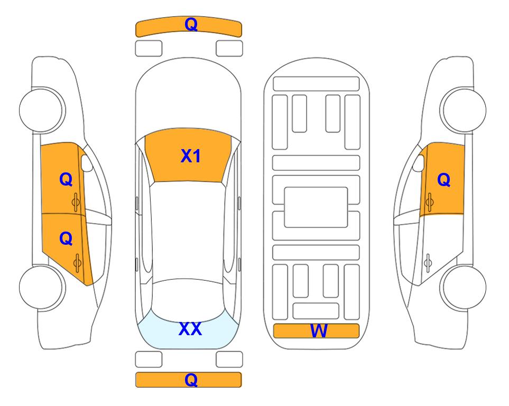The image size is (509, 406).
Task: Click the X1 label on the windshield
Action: tap(191, 156)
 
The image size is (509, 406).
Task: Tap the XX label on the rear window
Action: tap(190, 329)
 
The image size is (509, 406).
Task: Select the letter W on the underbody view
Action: tap(318, 331)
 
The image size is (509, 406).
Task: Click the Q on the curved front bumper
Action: tap(191, 24)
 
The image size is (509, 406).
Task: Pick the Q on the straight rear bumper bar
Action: tap(191, 380)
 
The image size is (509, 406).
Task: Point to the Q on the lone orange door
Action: tap(444, 180)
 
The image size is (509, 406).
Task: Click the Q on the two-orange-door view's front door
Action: tap(66, 179)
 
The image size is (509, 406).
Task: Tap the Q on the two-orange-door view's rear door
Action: tap(66, 239)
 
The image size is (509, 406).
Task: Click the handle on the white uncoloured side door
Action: tap(428, 263)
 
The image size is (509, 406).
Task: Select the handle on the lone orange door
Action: tap(429, 202)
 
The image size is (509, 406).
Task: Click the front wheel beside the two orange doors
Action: tap(42, 110)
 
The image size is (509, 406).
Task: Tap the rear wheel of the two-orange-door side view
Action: tap(42, 287)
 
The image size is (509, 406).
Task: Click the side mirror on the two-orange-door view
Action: tap(86, 163)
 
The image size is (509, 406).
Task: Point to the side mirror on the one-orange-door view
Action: tap(419, 163)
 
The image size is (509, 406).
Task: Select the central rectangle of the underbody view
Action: tap(316, 207)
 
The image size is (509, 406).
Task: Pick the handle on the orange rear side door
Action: tap(77, 263)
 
